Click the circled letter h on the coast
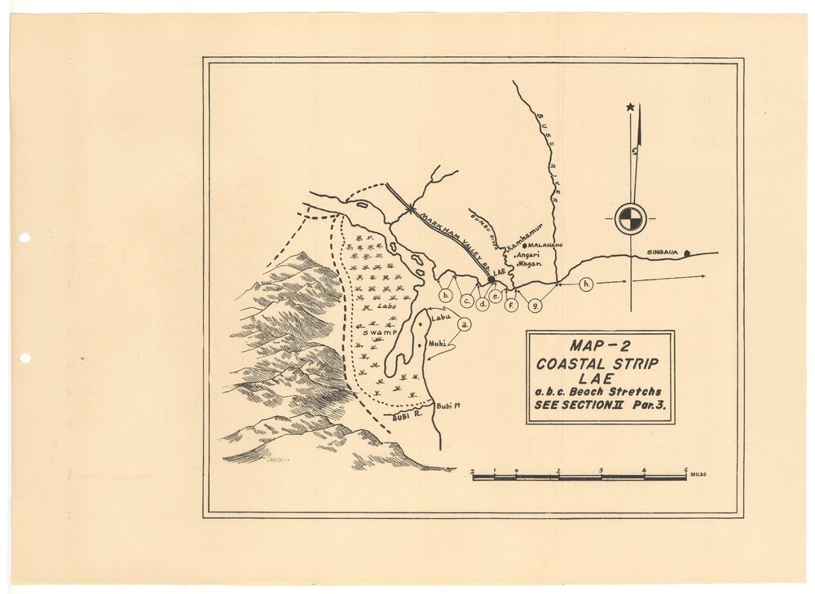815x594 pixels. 587,284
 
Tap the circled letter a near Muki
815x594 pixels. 465,324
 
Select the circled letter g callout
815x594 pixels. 535,306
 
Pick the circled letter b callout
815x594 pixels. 446,295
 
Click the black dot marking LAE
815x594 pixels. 491,279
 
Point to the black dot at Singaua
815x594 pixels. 687,253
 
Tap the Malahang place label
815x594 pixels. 547,244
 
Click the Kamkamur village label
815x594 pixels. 526,235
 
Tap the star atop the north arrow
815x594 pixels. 630,107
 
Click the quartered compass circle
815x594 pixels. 631,218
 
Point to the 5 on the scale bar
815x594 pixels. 686,469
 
